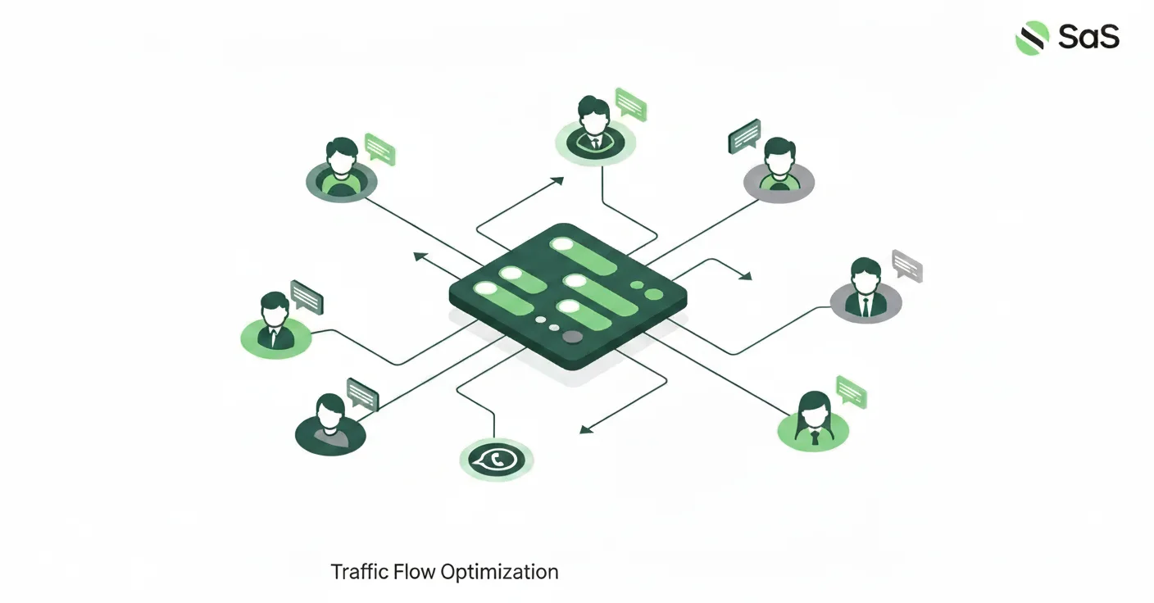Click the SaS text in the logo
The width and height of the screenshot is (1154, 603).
(1088, 37)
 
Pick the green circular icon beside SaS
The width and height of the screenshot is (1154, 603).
(1032, 38)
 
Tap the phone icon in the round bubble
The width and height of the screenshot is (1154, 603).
(497, 460)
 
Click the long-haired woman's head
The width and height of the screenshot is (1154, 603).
(812, 406)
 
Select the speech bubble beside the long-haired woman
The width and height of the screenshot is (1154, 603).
(851, 392)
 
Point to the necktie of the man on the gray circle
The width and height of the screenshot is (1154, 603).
(865, 306)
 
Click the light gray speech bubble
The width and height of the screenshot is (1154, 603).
(906, 265)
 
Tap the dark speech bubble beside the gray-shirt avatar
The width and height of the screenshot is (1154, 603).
(362, 394)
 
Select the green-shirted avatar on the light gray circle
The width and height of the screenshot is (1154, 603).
(779, 168)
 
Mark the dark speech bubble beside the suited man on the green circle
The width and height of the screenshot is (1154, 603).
(307, 296)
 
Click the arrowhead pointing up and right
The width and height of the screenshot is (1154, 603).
(558, 179)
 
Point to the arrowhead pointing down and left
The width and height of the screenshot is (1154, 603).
(586, 428)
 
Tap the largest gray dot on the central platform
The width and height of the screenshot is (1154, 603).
(572, 337)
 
